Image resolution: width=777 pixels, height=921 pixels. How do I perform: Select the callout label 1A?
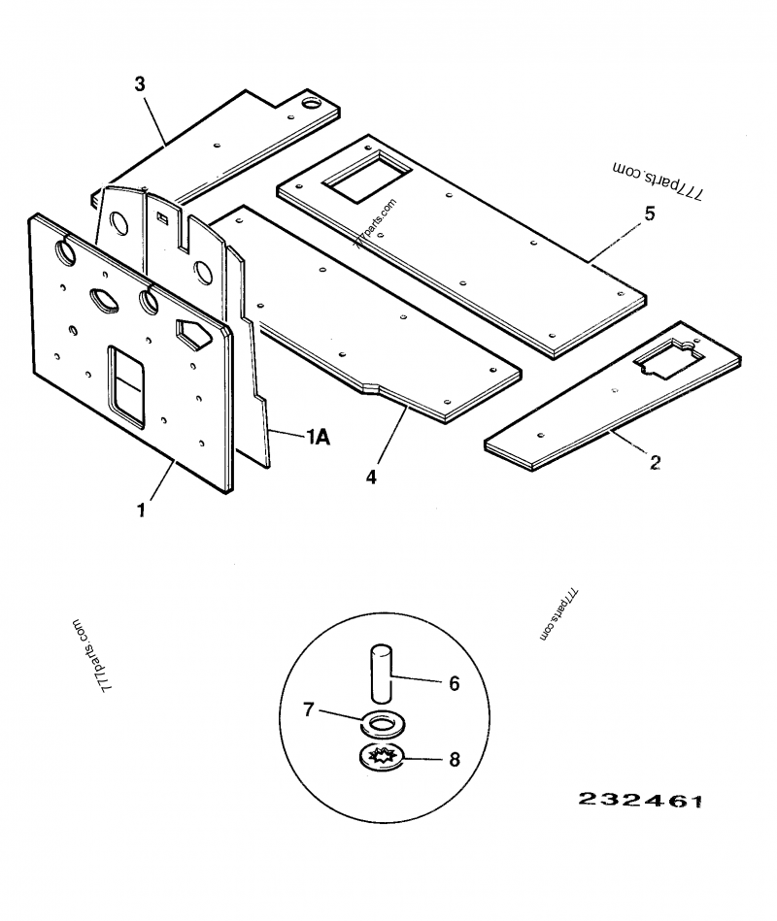(318, 439)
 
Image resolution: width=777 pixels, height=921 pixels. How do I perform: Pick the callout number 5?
(649, 214)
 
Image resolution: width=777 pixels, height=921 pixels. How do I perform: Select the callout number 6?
(454, 683)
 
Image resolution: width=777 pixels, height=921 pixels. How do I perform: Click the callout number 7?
(308, 710)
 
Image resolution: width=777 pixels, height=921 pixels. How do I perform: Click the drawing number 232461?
(639, 801)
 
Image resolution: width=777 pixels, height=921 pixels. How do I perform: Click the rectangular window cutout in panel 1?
(126, 385)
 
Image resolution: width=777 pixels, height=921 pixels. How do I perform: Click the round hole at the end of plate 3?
(312, 102)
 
